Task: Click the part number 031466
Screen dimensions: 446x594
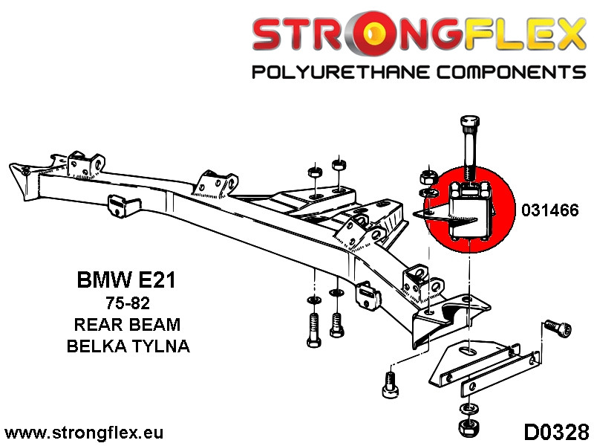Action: (550, 210)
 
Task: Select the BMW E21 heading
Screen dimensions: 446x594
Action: (128, 281)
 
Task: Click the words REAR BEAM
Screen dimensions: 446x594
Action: (128, 324)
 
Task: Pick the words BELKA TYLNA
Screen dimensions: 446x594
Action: (128, 346)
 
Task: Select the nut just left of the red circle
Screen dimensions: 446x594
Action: (429, 178)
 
